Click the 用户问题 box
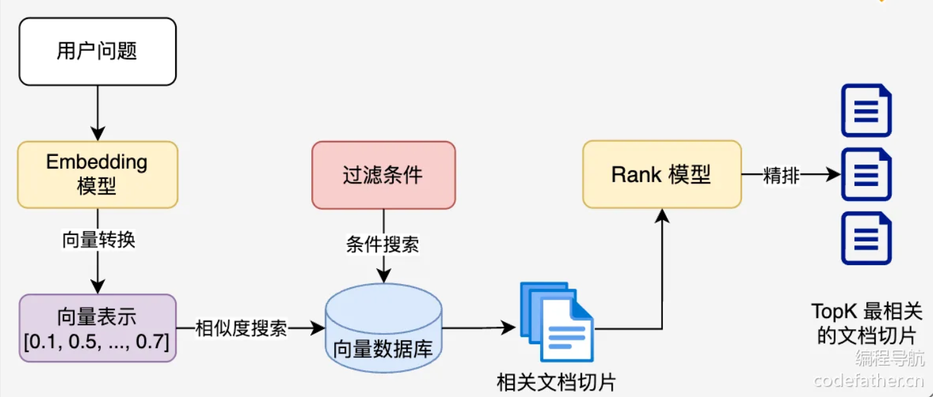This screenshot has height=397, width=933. (x=97, y=52)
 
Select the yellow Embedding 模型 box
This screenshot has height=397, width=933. (x=97, y=174)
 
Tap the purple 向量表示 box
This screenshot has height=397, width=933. (x=97, y=328)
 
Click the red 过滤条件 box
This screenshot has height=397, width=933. (x=383, y=175)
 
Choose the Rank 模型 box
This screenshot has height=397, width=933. (x=662, y=174)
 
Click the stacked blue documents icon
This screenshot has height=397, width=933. (x=556, y=321)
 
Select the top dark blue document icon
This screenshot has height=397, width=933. (x=866, y=110)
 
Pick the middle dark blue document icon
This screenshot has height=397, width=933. (x=866, y=174)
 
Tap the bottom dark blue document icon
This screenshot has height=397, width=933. (x=866, y=238)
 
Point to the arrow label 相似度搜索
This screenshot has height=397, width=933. (x=241, y=328)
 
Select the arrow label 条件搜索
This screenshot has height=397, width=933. (x=382, y=246)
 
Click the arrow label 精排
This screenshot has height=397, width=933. (x=781, y=176)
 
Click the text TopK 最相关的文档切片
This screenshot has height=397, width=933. (x=866, y=323)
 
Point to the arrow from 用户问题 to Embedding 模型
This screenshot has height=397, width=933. (x=97, y=113)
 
